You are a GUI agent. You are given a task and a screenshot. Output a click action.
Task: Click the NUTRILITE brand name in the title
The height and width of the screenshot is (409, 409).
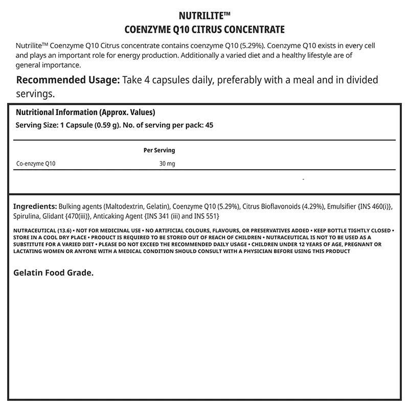(202, 15)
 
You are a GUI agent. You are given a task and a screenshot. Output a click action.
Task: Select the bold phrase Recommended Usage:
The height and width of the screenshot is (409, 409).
(68, 80)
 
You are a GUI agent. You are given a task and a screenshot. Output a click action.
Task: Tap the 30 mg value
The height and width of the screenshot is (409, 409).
(167, 164)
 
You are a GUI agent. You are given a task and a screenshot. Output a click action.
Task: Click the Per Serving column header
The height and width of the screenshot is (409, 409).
(158, 150)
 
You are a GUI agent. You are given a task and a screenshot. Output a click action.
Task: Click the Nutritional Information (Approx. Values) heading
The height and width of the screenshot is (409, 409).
(86, 112)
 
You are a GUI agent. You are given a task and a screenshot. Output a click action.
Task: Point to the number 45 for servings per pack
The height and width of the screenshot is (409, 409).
(209, 125)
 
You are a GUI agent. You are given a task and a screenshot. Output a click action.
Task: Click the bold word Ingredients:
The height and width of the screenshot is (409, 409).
(35, 207)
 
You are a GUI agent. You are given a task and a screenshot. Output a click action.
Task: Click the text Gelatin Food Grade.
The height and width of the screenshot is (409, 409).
(53, 273)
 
